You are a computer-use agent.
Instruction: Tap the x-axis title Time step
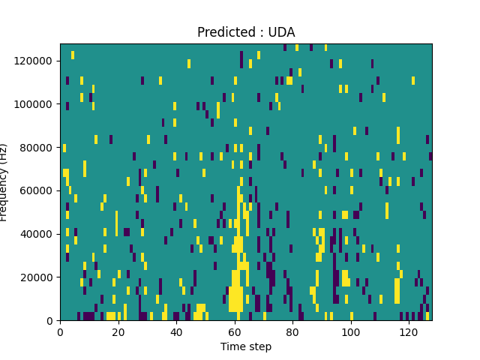click(246, 346)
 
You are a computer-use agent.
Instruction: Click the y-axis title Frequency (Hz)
click(4, 182)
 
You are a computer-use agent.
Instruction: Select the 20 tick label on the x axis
click(118, 332)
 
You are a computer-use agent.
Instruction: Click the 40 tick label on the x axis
click(176, 332)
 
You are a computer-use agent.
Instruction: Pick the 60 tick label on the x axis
click(235, 332)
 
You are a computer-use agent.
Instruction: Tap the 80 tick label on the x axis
click(292, 332)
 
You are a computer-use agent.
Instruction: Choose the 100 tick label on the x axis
click(351, 332)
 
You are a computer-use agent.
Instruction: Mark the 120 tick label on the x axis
click(409, 332)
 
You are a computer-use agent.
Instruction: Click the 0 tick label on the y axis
click(51, 321)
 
